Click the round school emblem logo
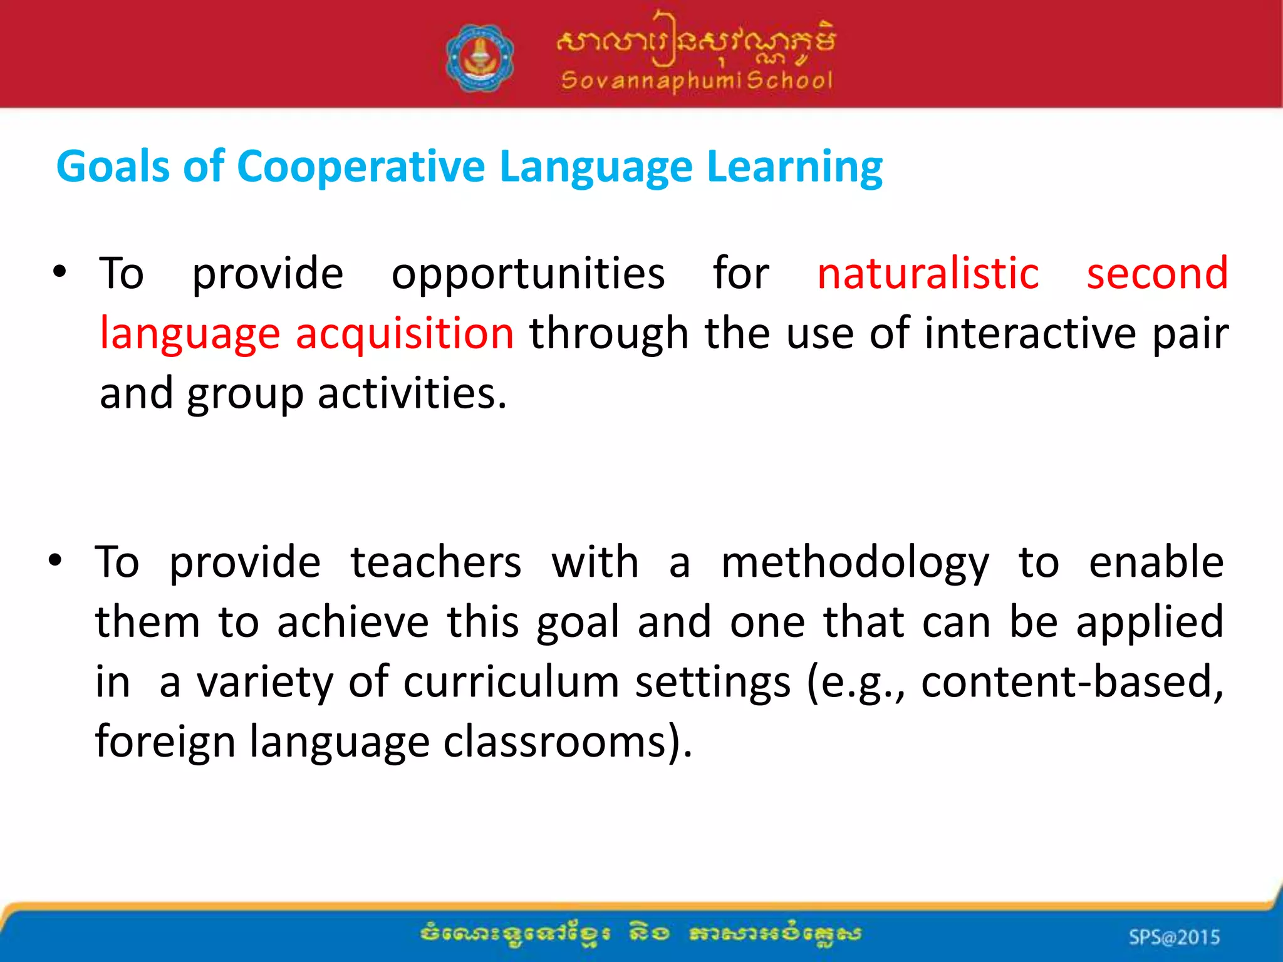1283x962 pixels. tap(480, 58)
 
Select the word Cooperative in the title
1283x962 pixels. tap(361, 167)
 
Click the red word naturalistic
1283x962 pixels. tap(928, 274)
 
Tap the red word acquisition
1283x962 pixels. tap(405, 333)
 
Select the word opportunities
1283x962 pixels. tap(527, 275)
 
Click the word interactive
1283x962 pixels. tap(1029, 333)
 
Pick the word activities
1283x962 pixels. tap(411, 393)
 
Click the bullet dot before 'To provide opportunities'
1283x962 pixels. tap(60, 272)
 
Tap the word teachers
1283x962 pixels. tap(435, 562)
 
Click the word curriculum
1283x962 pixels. tap(511, 681)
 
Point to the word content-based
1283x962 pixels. tap(1071, 681)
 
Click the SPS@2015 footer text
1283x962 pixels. tap(1174, 937)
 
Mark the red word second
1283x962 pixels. tap(1156, 274)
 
